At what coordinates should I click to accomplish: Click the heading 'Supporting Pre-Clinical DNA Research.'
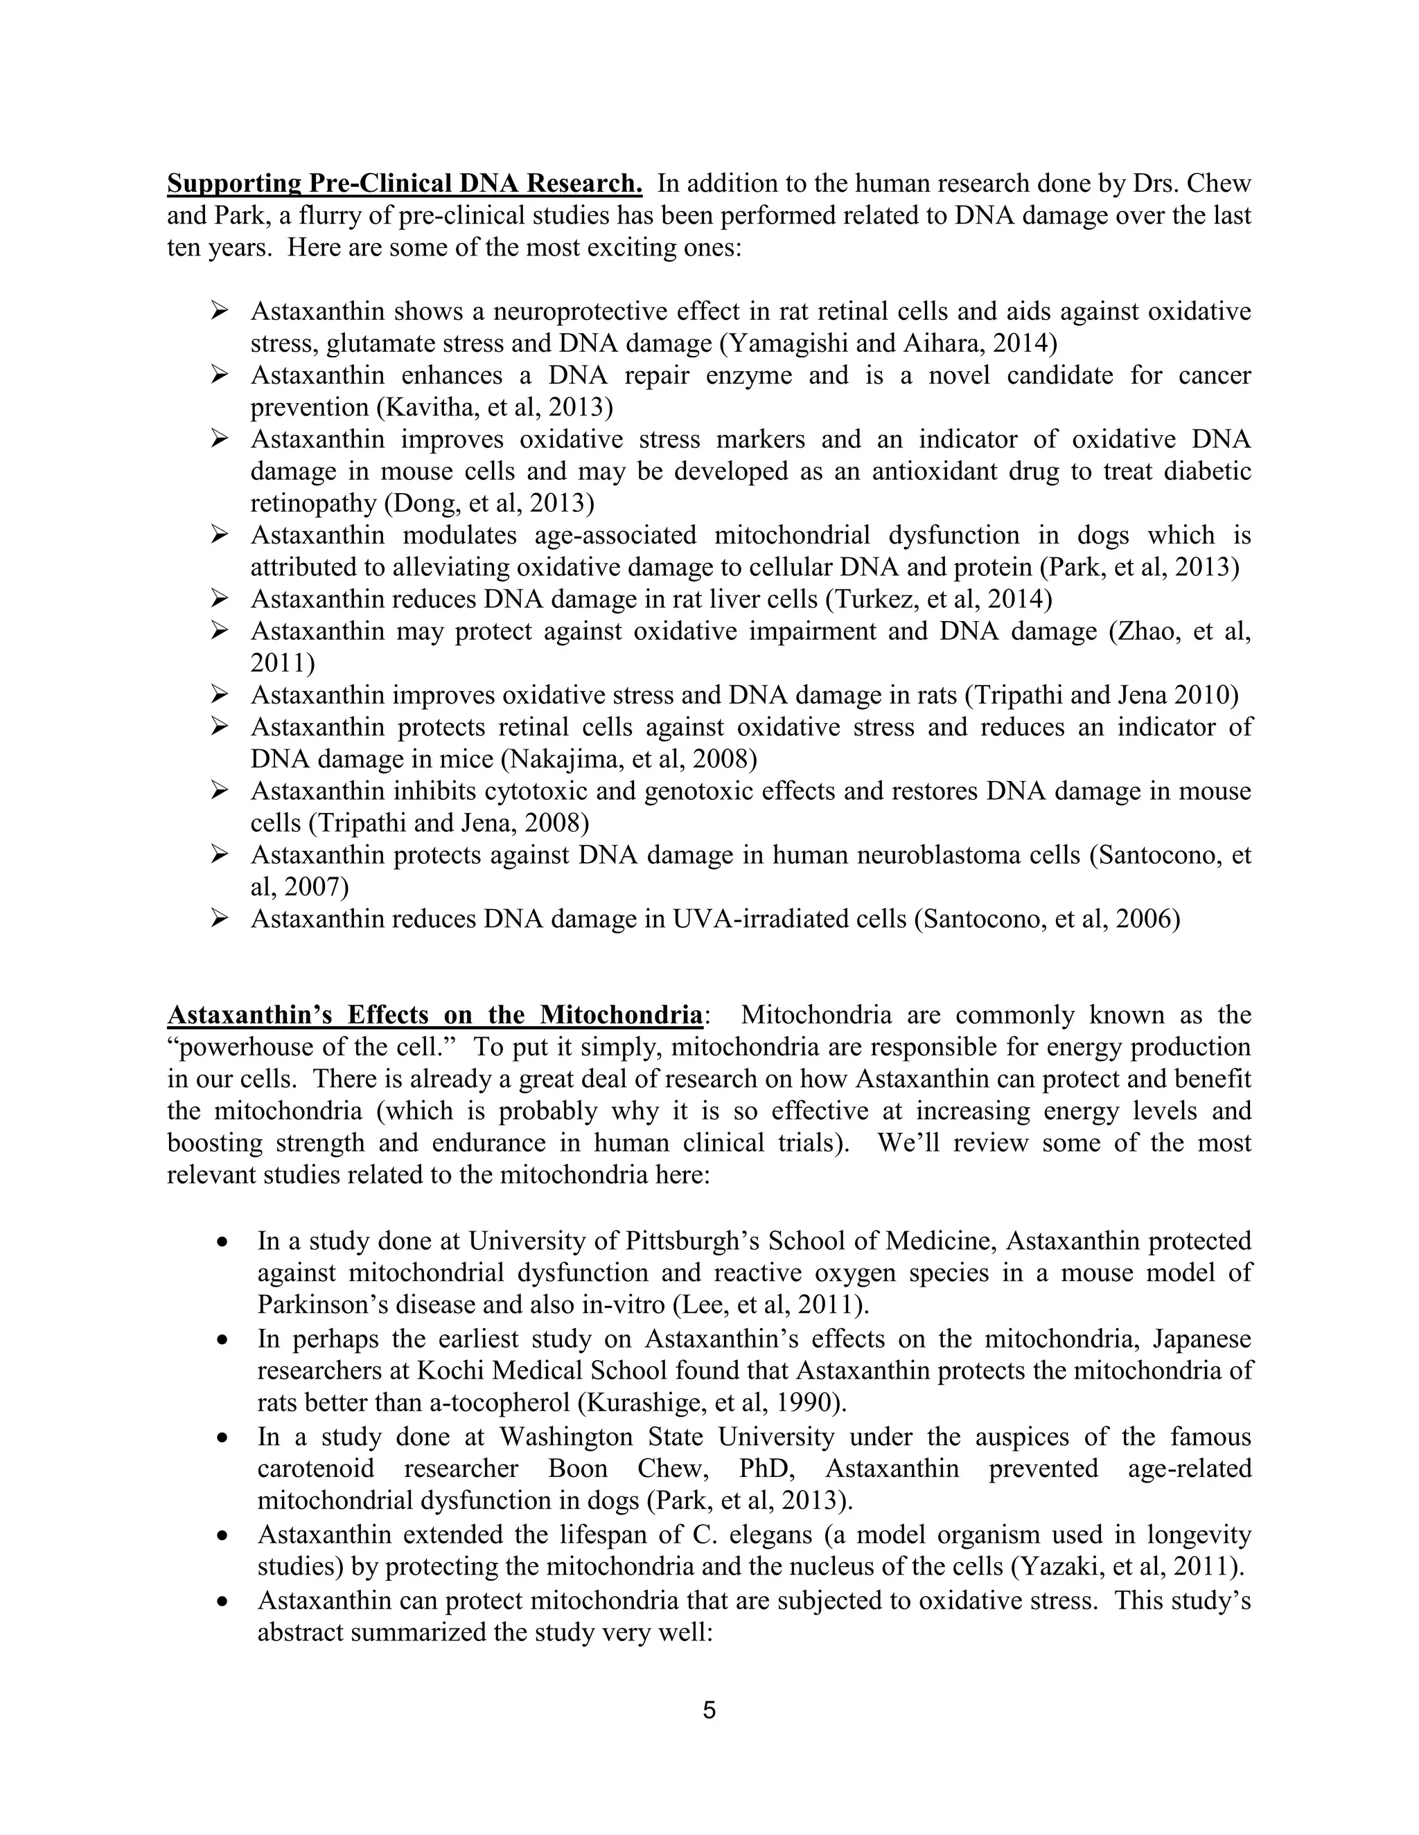pyautogui.click(x=405, y=183)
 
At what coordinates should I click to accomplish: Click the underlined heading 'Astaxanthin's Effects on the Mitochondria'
pyautogui.click(x=434, y=1015)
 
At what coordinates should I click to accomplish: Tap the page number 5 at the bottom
pyautogui.click(x=709, y=1710)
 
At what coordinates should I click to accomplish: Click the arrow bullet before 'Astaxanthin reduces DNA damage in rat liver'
pyautogui.click(x=220, y=598)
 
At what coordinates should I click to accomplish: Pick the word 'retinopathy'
pyautogui.click(x=312, y=503)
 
